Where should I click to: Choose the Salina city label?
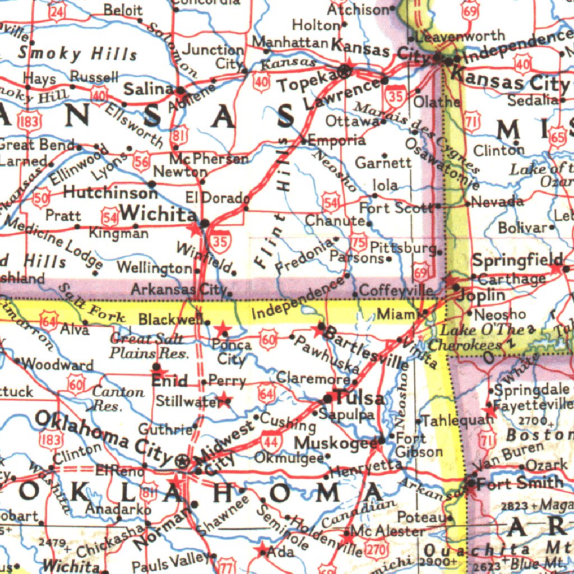coord(148,89)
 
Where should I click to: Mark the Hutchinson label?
coord(110,193)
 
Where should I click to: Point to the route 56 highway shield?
coord(142,163)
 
